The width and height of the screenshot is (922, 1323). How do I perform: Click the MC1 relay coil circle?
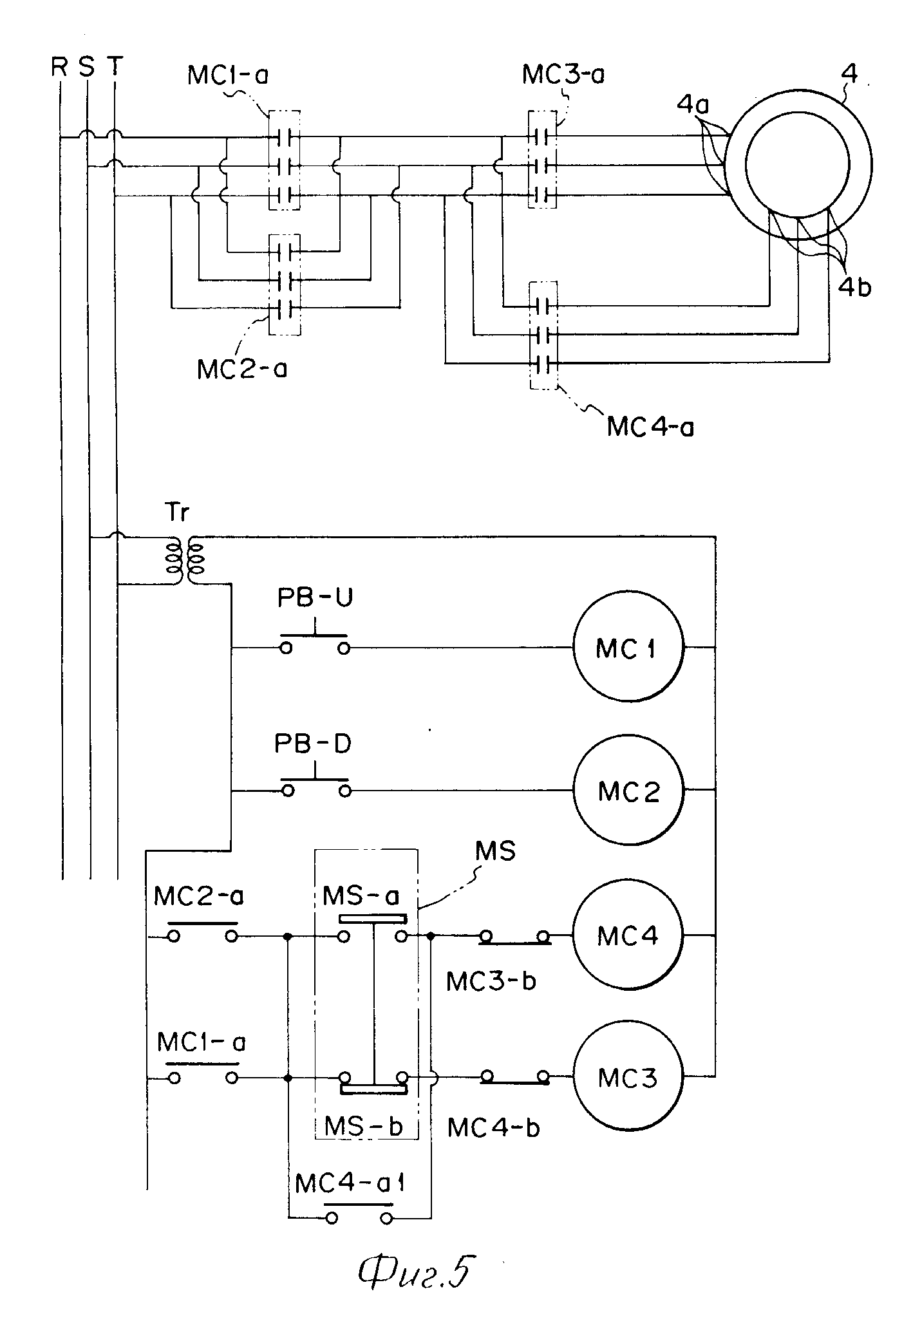(627, 647)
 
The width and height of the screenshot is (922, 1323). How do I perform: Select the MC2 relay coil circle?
(628, 791)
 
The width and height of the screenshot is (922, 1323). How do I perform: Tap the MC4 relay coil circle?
(628, 935)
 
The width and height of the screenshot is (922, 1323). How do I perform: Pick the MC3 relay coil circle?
(628, 1077)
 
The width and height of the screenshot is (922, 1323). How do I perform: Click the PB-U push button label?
(315, 598)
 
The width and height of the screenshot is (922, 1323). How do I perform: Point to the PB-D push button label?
(314, 744)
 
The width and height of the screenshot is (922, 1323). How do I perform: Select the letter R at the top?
(59, 66)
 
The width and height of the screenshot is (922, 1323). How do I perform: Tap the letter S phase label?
(86, 66)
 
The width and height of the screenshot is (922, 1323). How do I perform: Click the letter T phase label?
(114, 66)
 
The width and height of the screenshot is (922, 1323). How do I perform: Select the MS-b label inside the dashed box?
(364, 1126)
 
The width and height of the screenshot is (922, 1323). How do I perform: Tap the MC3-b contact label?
(491, 981)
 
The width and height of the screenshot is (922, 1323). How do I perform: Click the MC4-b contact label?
(493, 1127)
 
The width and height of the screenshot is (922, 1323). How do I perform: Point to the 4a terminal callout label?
(693, 105)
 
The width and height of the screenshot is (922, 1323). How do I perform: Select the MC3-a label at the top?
(563, 74)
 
